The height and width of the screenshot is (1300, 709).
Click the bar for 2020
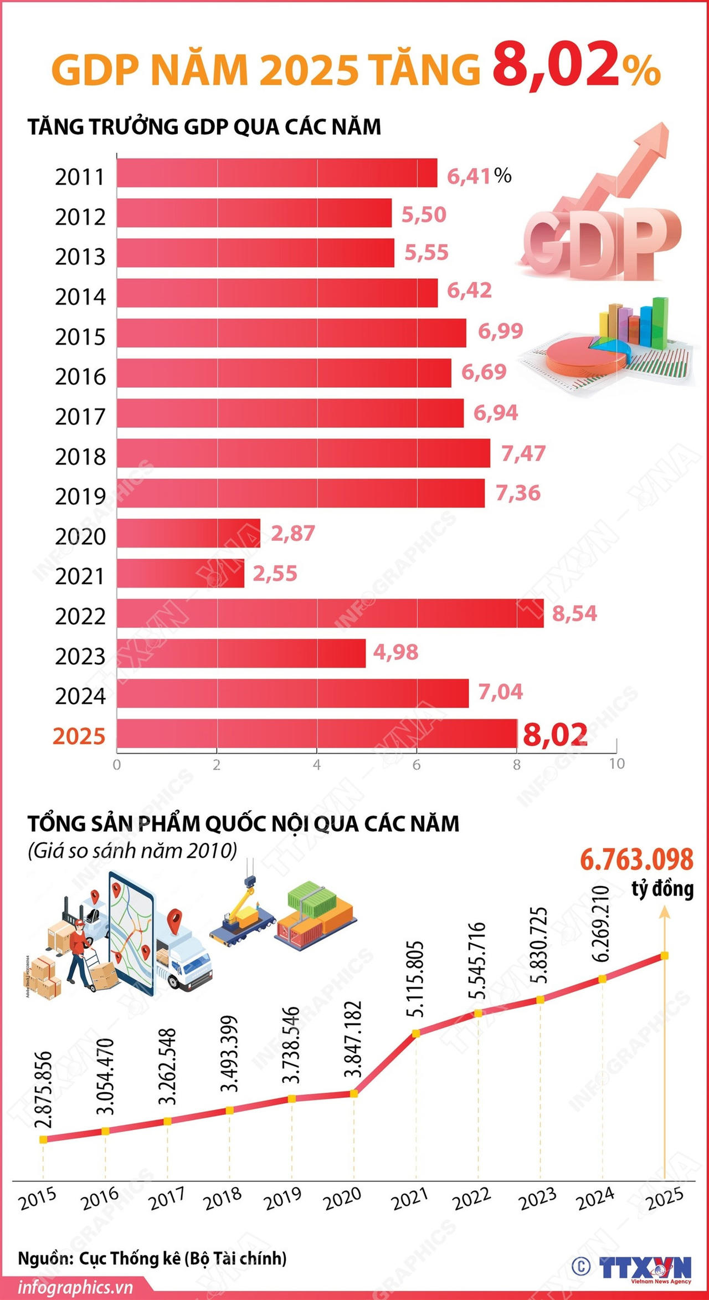click(x=188, y=533)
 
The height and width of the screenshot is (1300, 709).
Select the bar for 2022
click(x=330, y=613)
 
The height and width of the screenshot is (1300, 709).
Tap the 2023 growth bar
click(x=241, y=653)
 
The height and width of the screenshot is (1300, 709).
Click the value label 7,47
click(x=523, y=453)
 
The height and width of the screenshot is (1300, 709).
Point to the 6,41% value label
click(x=479, y=176)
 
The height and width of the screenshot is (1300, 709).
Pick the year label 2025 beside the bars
click(x=79, y=736)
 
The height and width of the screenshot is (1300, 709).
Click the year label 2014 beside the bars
click(x=80, y=296)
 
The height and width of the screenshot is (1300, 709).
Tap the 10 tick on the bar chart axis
click(x=616, y=764)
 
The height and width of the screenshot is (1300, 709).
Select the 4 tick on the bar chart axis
click(x=317, y=765)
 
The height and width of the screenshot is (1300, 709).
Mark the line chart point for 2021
click(x=416, y=1033)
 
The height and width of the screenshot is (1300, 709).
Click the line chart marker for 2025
click(x=665, y=955)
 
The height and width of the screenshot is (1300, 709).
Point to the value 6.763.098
click(x=636, y=859)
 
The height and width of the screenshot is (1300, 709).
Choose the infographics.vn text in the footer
click(x=75, y=1287)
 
